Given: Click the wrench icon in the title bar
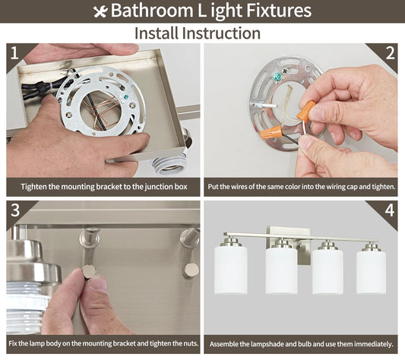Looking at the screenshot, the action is click(x=100, y=11).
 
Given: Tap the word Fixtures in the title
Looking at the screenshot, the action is click(x=279, y=11).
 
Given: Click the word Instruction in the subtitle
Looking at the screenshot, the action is click(x=221, y=33).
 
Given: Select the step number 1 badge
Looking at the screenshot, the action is click(x=14, y=53).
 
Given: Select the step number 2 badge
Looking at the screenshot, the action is click(x=390, y=53).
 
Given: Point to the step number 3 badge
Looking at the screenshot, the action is click(x=15, y=210).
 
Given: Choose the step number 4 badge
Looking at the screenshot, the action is click(x=390, y=210).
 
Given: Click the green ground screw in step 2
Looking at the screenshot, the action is click(x=278, y=77).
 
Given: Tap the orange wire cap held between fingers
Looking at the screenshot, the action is click(x=306, y=110).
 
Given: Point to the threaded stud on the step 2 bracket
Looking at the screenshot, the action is click(x=264, y=106).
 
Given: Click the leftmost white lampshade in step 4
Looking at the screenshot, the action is click(x=231, y=270).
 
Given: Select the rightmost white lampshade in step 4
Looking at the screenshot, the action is click(x=371, y=272).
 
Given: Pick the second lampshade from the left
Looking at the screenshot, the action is click(x=282, y=270).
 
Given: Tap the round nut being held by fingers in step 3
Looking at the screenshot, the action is click(x=89, y=272).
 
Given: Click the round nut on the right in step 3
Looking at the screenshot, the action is click(x=191, y=270).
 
